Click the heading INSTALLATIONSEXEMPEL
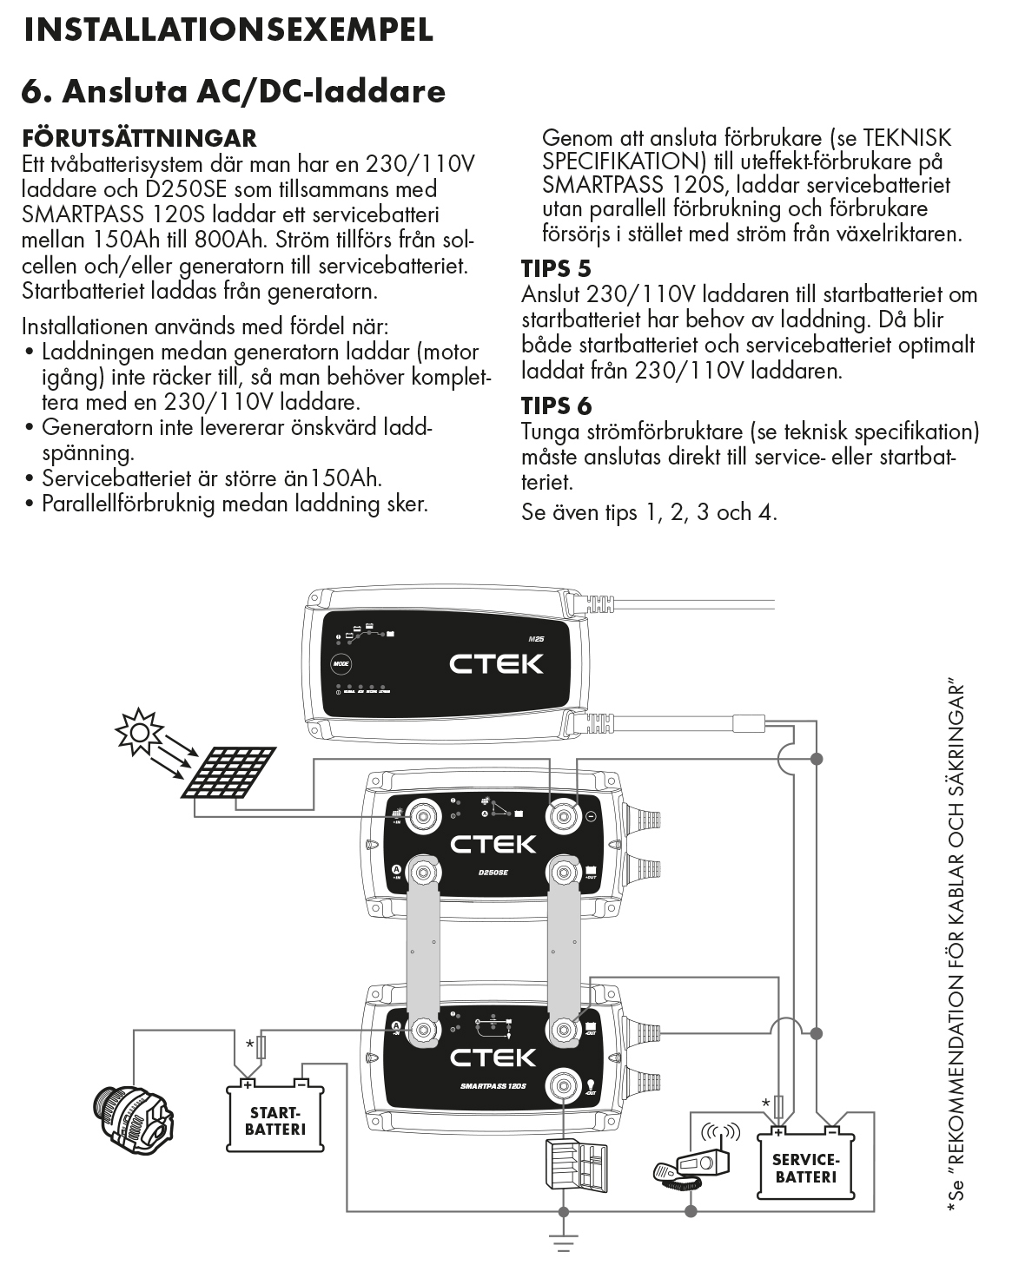click(228, 30)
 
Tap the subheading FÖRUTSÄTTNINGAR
click(139, 139)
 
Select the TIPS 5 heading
click(556, 269)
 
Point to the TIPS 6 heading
click(556, 405)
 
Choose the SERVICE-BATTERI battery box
click(806, 1167)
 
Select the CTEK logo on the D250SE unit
click(493, 843)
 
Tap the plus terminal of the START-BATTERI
click(248, 1084)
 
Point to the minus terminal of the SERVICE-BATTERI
click(831, 1130)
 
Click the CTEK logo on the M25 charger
click(495, 664)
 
